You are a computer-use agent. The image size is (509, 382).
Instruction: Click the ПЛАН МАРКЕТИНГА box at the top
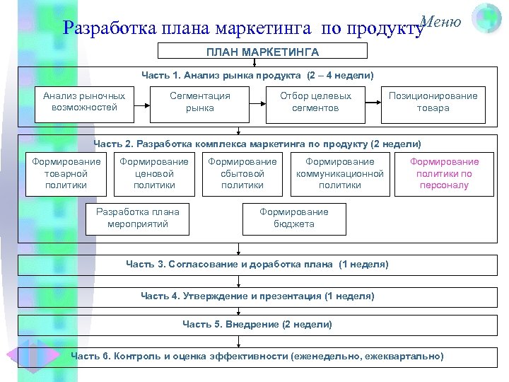coord(262,52)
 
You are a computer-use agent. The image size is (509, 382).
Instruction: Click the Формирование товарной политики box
coord(66,173)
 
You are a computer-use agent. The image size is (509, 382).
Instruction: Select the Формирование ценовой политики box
coord(154,173)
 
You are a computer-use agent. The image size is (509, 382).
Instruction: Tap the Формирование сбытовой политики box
coord(242,173)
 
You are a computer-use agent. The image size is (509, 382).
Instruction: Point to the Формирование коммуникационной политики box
coord(339,173)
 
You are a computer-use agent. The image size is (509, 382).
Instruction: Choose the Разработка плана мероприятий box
coord(137,218)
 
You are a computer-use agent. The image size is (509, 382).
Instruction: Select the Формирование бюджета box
coord(294,218)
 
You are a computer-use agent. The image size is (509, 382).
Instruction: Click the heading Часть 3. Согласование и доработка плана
coord(257,264)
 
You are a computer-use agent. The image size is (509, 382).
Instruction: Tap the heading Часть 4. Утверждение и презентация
coord(257,296)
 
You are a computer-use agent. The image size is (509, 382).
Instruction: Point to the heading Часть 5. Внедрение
coord(257,324)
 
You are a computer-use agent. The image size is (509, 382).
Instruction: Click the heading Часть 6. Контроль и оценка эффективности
coord(257,356)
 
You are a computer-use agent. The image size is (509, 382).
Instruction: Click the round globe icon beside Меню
coord(486,18)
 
